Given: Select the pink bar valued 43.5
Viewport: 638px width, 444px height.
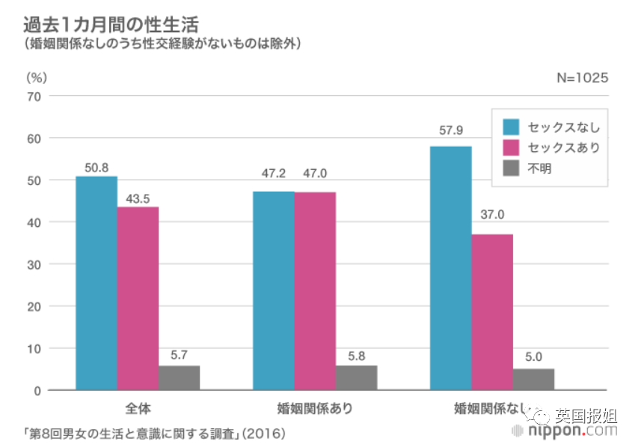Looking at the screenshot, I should coord(138,298).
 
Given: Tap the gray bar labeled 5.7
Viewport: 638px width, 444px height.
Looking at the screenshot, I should coord(180,377).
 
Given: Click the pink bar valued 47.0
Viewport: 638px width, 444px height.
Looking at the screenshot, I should coord(315,291).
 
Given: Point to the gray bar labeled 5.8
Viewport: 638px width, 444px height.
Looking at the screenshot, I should coord(357,377).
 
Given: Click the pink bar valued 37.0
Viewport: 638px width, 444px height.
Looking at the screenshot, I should coord(492,312).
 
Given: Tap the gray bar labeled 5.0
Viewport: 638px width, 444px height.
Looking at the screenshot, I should coord(533,379).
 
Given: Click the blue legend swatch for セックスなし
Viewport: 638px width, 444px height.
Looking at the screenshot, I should coord(512,127).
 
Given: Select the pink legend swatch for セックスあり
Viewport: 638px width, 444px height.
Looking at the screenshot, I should coord(512,148).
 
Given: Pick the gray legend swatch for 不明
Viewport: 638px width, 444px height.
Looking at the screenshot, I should coord(512,168).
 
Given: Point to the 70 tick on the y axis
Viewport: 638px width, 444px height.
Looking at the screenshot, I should coord(34,97).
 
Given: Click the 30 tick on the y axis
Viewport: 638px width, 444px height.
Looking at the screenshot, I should coord(34,264).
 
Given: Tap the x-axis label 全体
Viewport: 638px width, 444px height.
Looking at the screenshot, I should coord(138,409).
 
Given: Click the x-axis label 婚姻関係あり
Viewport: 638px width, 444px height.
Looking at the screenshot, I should coord(315,409).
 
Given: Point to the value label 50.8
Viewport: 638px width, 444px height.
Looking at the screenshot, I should coord(96,168).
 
